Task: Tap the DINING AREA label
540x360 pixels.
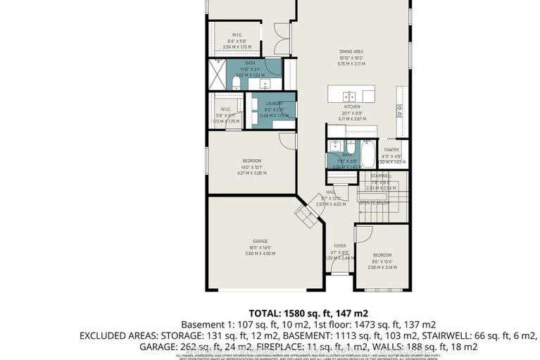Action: pos(352,51)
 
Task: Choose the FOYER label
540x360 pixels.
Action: pos(340,246)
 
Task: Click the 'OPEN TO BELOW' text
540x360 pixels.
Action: pos(375,203)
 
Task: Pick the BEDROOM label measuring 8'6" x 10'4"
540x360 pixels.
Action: pos(382,255)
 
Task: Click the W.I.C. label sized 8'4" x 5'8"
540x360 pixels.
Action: pos(237,35)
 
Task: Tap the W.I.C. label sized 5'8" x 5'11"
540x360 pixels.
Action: pos(226,109)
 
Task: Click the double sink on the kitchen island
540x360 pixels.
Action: pos(349,94)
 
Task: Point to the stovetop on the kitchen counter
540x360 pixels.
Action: pos(400,110)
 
